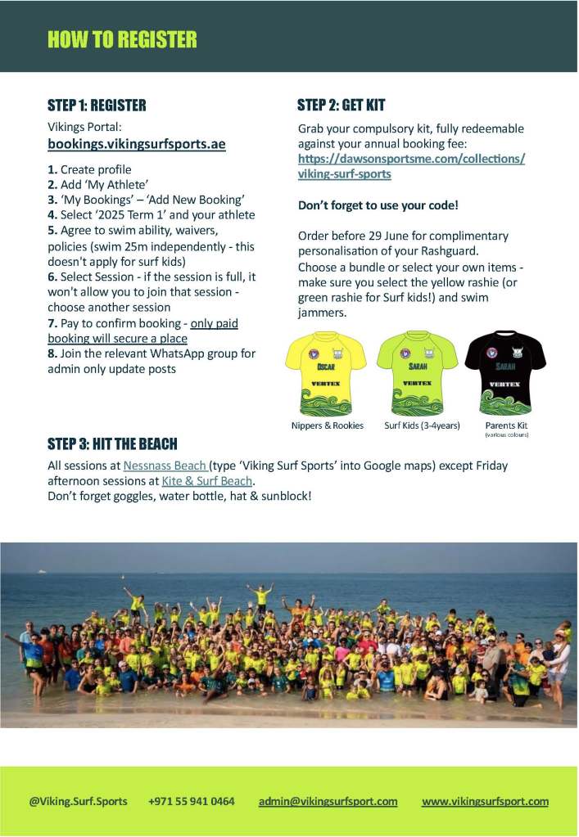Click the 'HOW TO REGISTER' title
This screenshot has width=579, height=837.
(122, 39)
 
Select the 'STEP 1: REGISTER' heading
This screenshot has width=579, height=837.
(97, 106)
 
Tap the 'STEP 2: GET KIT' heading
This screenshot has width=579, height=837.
(341, 106)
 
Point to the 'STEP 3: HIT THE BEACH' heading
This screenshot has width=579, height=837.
(112, 444)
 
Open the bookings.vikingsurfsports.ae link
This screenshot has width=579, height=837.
(137, 144)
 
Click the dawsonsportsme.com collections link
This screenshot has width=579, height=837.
(411, 166)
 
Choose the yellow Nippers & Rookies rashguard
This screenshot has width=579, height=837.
(326, 373)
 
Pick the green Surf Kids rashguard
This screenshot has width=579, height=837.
(417, 373)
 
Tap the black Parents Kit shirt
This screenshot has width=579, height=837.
(505, 373)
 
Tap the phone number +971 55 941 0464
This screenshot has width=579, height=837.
(192, 801)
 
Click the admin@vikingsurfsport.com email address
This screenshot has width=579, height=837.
(328, 801)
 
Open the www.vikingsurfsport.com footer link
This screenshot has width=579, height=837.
(485, 801)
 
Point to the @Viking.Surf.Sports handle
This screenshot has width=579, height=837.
(79, 801)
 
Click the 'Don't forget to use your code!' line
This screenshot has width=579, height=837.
(378, 205)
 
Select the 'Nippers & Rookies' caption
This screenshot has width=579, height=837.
(327, 426)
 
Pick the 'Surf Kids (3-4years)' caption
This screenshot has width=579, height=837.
(422, 426)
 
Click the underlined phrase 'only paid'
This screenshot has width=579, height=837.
(214, 324)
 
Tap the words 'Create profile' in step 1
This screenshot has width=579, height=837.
(96, 170)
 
